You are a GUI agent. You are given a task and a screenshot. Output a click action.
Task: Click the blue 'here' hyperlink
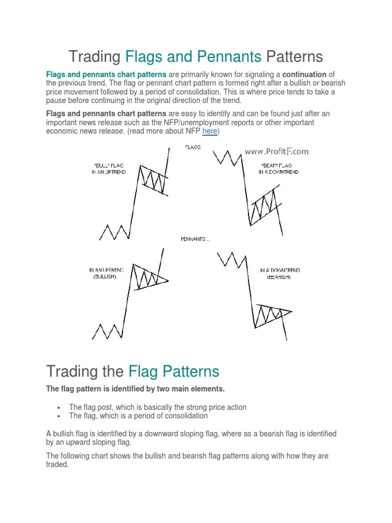(x=210, y=131)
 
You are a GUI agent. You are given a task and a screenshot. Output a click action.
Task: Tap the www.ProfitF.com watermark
(x=276, y=151)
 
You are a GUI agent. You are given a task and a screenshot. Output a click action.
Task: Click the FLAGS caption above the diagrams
(x=192, y=147)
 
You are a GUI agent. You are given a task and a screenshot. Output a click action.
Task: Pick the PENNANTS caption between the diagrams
(x=195, y=239)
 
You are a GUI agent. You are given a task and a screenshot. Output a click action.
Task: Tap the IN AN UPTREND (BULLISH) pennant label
(x=105, y=273)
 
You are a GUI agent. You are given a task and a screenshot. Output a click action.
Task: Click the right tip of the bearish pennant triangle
(x=292, y=311)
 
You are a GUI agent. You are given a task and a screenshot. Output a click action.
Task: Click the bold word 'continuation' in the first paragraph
(x=304, y=75)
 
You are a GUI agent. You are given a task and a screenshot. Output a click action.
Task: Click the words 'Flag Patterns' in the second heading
(x=174, y=371)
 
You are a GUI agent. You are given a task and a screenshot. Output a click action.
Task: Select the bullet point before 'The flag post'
(x=60, y=408)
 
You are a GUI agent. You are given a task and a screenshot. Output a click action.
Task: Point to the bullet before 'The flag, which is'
(x=60, y=416)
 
